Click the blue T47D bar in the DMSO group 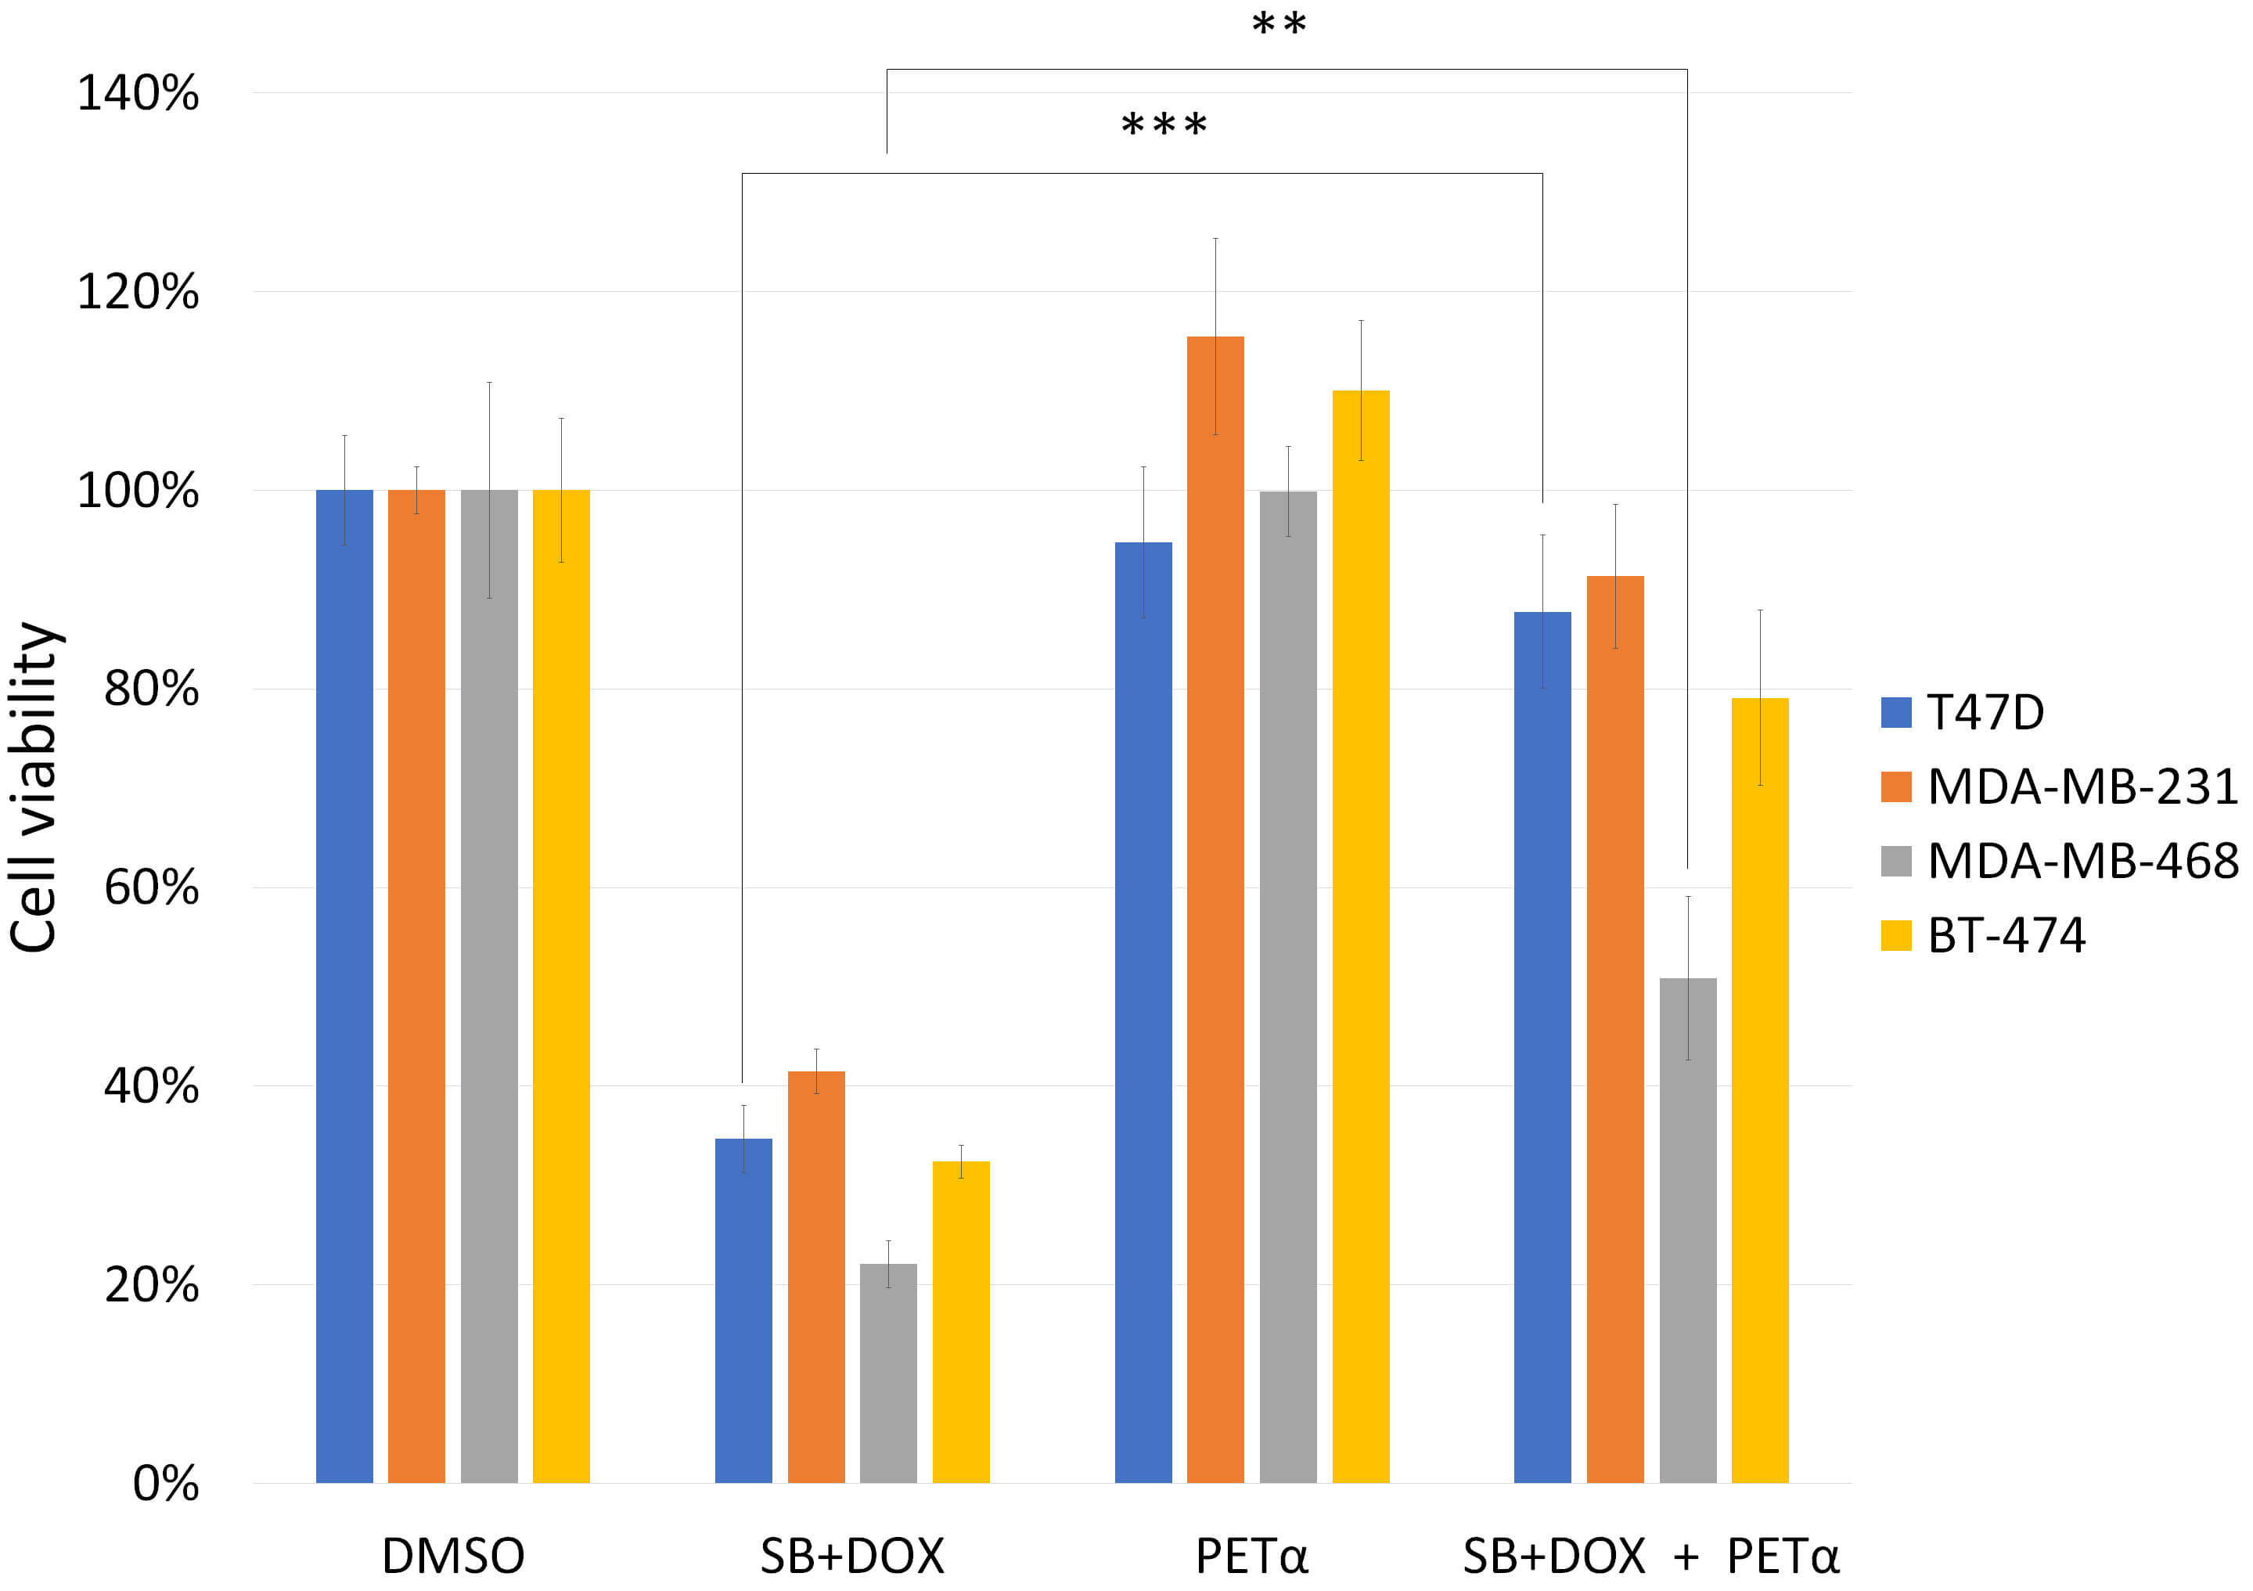[344, 986]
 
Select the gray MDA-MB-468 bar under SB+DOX [888, 1373]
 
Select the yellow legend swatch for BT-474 [1896, 935]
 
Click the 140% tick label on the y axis [139, 94]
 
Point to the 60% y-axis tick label [151, 888]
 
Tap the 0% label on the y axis [166, 1484]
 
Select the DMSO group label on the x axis [452, 1557]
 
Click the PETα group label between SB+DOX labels [1251, 1557]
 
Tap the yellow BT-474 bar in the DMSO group [560, 986]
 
